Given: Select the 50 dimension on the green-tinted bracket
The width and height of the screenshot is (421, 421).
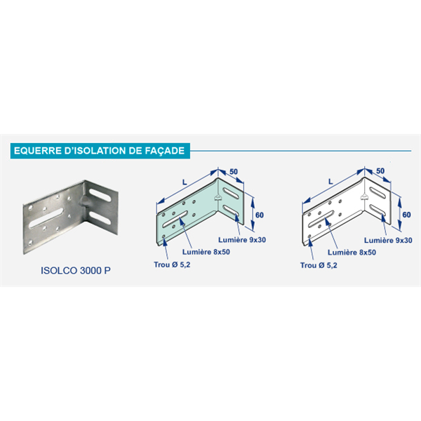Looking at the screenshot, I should [x=234, y=171].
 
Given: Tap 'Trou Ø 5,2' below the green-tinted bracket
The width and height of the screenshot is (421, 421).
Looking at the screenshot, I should [x=171, y=265].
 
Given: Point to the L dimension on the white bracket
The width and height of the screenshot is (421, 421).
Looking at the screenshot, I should [x=330, y=181].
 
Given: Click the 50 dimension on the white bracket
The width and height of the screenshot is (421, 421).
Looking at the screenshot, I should [x=380, y=171].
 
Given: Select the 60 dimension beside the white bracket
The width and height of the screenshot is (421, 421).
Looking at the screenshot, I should [x=405, y=215].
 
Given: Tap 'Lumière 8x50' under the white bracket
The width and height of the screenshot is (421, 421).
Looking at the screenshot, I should [x=348, y=250].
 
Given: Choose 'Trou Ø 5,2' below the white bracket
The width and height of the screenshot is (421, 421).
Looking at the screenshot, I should [x=318, y=265].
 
